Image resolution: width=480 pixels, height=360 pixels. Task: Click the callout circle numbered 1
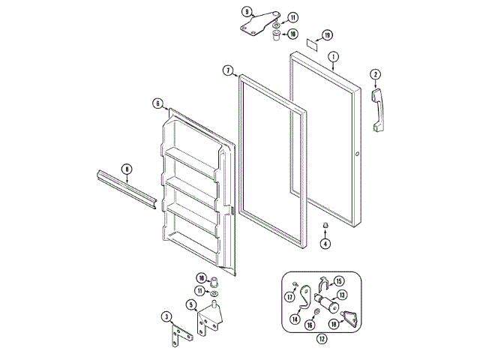(333, 55)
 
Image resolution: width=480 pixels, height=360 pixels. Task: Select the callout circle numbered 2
(375, 74)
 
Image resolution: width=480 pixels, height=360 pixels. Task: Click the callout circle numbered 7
(227, 70)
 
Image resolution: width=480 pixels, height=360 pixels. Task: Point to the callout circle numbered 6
(157, 103)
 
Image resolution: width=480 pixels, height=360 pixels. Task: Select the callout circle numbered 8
(127, 169)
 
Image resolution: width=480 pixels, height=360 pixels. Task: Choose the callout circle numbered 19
(326, 34)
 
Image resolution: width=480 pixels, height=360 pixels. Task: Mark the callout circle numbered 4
(325, 242)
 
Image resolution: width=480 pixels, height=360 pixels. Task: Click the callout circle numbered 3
(167, 318)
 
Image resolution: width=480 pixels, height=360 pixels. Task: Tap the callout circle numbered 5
(191, 304)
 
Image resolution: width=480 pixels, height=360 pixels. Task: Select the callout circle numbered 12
(322, 339)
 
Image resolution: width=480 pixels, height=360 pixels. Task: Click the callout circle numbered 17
(289, 296)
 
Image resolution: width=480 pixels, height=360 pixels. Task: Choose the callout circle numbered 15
(338, 280)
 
